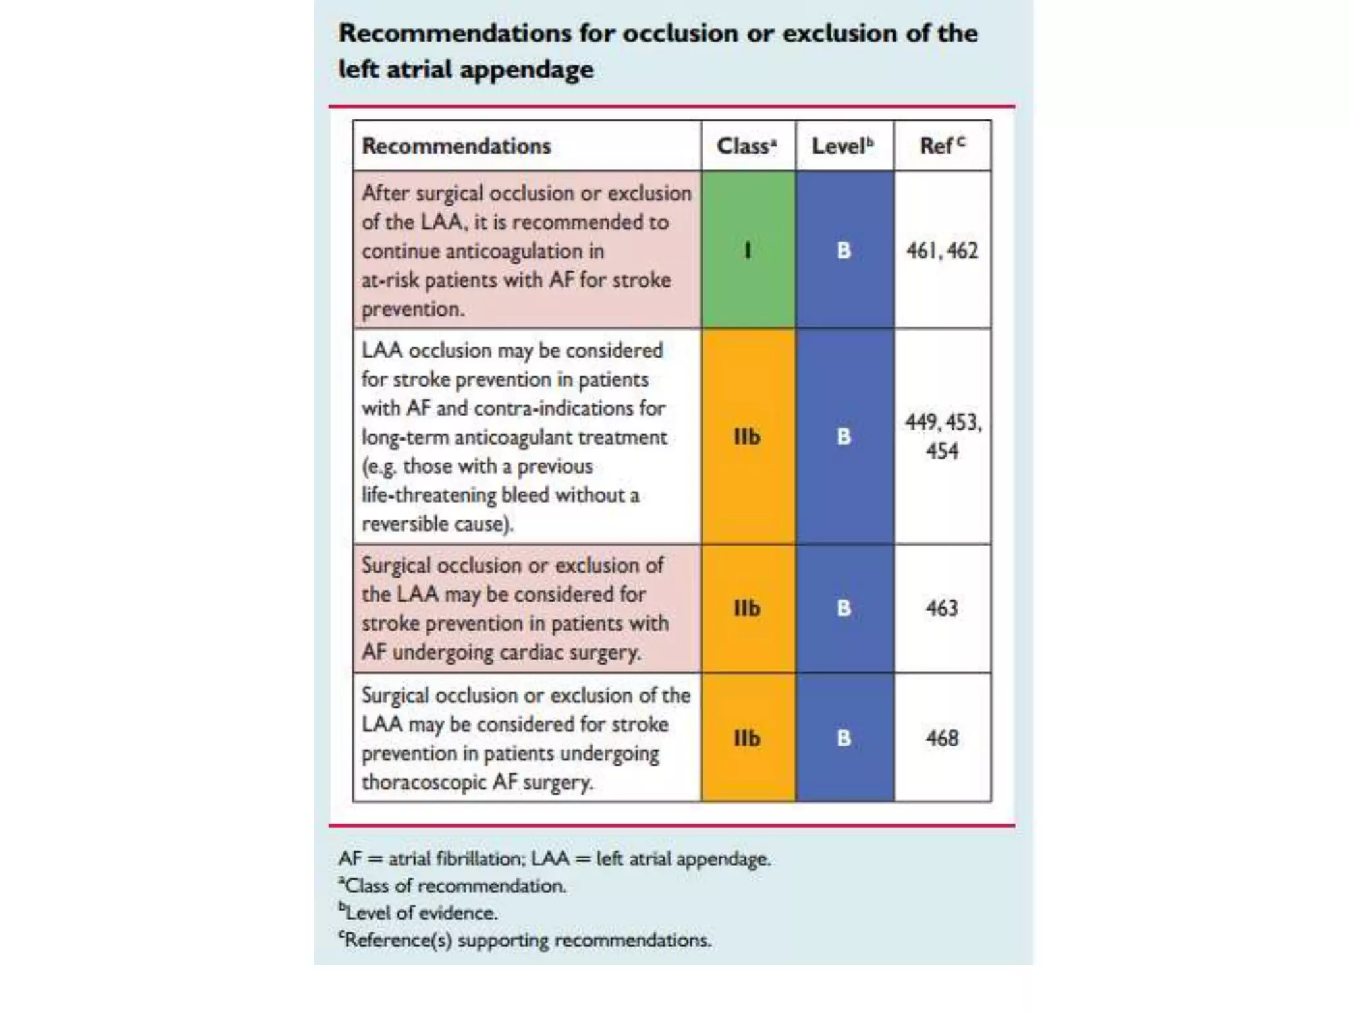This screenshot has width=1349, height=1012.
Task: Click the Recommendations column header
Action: point(456,146)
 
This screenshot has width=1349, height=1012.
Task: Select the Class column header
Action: point(747,146)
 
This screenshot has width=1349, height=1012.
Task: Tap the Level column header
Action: point(843,146)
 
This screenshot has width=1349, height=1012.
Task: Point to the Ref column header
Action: point(942,146)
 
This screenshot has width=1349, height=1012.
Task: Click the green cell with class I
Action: point(748,250)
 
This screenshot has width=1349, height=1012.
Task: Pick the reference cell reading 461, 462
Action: point(942,251)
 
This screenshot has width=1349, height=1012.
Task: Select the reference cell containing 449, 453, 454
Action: point(943,436)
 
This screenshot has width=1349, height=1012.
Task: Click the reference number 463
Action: point(942,608)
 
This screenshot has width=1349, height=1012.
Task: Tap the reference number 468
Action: point(942,738)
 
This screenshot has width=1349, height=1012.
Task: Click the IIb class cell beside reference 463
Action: point(748,608)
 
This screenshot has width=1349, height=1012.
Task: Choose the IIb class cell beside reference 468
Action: point(748,738)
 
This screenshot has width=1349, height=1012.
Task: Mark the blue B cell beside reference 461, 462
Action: point(844,250)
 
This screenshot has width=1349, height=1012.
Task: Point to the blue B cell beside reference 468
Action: point(844,738)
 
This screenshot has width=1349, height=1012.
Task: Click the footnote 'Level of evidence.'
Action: point(420,913)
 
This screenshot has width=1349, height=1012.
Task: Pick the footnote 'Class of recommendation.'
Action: point(454,885)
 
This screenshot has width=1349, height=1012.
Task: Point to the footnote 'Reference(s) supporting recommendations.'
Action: point(526,940)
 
